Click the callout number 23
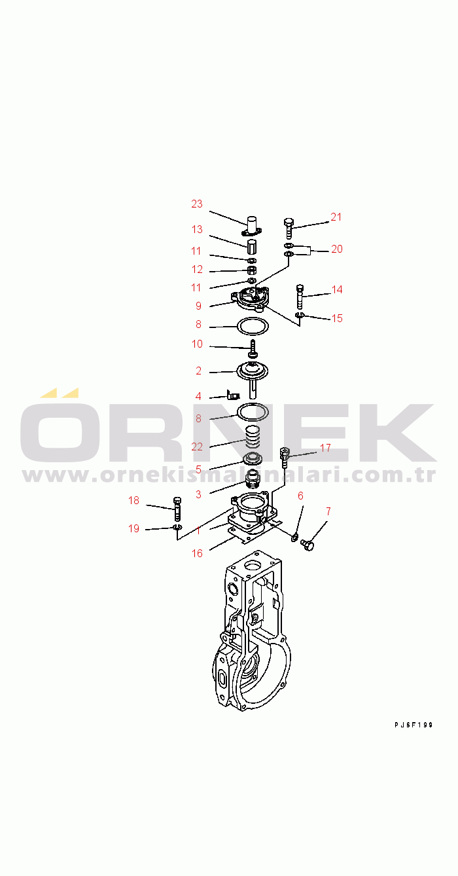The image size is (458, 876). [197, 204]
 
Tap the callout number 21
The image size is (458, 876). [336, 217]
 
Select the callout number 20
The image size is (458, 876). [337, 249]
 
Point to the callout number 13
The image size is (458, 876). [197, 229]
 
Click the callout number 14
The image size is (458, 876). [337, 289]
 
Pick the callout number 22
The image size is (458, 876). [197, 447]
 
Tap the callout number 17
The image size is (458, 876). [326, 448]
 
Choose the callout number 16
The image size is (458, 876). [198, 553]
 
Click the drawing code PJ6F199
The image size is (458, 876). [414, 725]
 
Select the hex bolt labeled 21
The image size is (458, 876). [289, 228]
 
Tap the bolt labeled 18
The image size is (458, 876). [177, 509]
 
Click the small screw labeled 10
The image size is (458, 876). [253, 349]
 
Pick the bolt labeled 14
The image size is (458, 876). [300, 297]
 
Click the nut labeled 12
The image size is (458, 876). [253, 270]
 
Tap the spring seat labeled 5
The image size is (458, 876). [253, 458]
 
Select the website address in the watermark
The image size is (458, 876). [228, 475]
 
